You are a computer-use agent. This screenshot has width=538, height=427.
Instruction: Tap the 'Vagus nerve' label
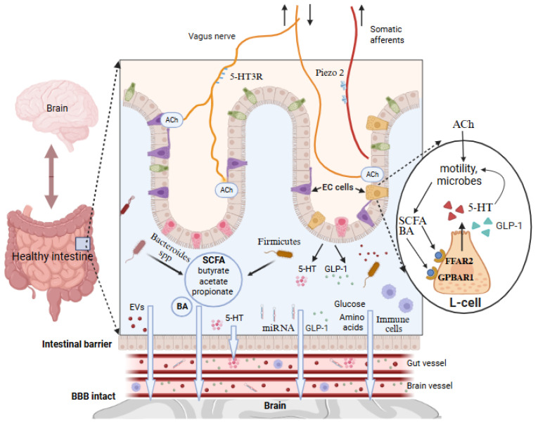212,37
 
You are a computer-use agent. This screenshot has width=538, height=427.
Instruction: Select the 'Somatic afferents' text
387,34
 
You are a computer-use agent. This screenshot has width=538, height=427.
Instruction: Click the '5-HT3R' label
246,77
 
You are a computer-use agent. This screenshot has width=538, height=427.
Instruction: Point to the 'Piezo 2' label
329,72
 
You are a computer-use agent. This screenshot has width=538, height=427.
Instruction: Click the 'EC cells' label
338,187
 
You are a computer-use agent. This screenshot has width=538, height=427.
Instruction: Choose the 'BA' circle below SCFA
182,306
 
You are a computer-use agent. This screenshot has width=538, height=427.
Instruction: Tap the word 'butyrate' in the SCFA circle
213,270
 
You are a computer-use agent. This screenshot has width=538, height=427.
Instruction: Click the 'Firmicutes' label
279,242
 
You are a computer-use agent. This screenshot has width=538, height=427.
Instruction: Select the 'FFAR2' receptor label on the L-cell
459,261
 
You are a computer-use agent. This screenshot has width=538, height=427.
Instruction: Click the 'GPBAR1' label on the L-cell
456,277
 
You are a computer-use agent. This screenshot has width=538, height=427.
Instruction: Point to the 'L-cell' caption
465,302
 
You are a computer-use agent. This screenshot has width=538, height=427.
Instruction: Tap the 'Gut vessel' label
426,363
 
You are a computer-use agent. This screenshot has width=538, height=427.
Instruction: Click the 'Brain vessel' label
430,386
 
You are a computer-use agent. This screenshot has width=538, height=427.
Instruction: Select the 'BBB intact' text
94,396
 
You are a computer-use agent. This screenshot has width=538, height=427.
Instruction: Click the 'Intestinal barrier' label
77,344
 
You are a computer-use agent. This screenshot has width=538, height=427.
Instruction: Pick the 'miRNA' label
278,328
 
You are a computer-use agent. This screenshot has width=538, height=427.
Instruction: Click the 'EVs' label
137,308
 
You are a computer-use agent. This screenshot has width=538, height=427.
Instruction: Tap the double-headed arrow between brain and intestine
51,176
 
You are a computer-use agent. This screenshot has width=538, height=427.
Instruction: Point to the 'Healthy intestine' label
53,256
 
